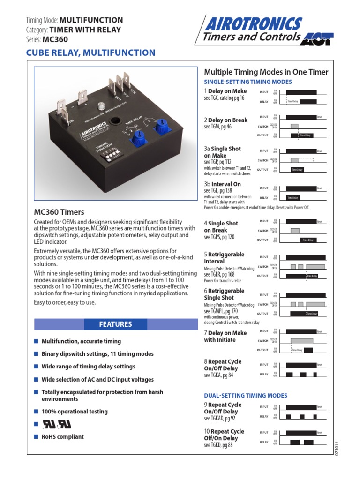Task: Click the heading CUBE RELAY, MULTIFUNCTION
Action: coord(90,53)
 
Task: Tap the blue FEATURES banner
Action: coord(115,324)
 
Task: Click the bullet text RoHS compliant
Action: coord(63,436)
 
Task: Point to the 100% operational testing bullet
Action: coord(75,412)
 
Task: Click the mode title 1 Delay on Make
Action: coord(225,91)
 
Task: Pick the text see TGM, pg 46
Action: coord(217,127)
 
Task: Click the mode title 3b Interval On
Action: coord(223,184)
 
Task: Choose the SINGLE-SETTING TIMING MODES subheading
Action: coord(248,82)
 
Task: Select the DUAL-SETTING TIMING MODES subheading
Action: coord(246,395)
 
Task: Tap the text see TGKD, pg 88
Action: coord(218,445)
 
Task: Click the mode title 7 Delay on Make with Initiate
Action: coord(225,336)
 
